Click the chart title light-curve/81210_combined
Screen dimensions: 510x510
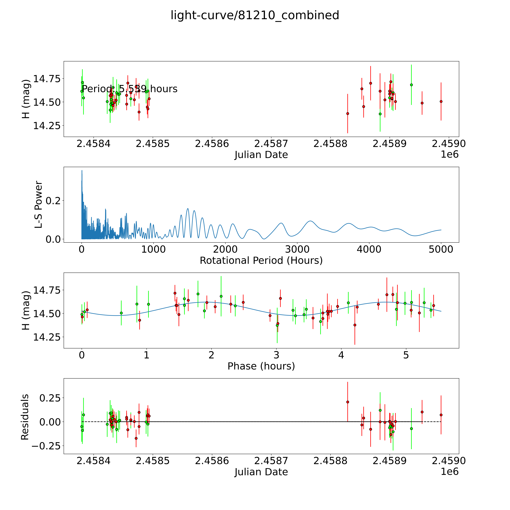tap(255, 15)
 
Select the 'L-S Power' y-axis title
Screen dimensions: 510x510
tap(39, 205)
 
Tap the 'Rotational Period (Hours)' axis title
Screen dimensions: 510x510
tap(261, 261)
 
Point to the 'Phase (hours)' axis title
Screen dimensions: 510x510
tap(261, 366)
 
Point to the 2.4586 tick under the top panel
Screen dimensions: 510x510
tap(212, 144)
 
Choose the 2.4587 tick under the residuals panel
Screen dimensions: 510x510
tap(271, 461)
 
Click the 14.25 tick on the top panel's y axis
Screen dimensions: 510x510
tap(46, 126)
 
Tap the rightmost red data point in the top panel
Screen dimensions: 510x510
tap(441, 101)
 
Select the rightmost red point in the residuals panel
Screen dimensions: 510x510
tap(441, 415)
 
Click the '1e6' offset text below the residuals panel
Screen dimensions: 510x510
tap(450, 471)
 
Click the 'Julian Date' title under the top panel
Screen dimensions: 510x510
tap(261, 155)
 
